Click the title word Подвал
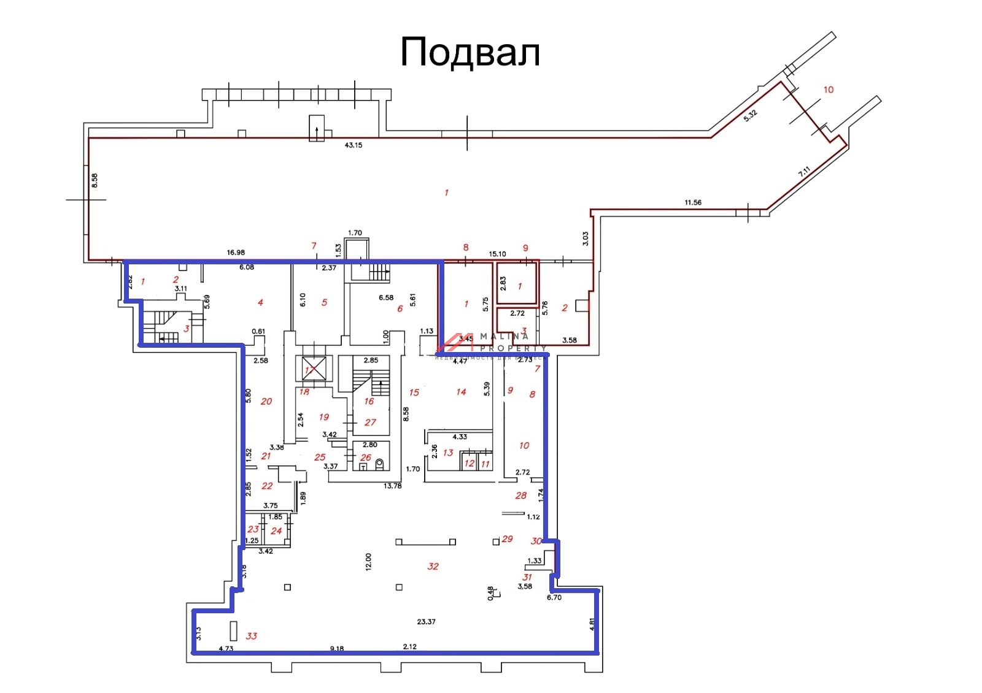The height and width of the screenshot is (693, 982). (470, 52)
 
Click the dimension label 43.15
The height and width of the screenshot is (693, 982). (354, 145)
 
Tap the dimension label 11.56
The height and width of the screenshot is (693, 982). (693, 202)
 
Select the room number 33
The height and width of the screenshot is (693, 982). (252, 636)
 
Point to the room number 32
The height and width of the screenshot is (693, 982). (433, 566)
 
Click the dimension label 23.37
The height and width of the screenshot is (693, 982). (426, 622)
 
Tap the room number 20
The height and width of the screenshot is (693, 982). (266, 401)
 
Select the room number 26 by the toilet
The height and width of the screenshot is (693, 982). (366, 458)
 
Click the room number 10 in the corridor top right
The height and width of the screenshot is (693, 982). (829, 90)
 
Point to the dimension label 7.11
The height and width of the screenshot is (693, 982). (804, 172)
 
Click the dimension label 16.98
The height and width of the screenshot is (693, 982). (236, 252)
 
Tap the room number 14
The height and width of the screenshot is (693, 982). (461, 391)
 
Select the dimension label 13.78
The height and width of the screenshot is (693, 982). (392, 486)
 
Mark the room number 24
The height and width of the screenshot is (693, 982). (276, 530)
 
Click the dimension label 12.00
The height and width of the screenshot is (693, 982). (368, 562)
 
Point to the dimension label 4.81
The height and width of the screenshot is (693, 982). (592, 624)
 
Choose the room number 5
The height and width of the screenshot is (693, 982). (324, 302)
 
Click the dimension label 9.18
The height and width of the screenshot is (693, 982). (336, 648)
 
